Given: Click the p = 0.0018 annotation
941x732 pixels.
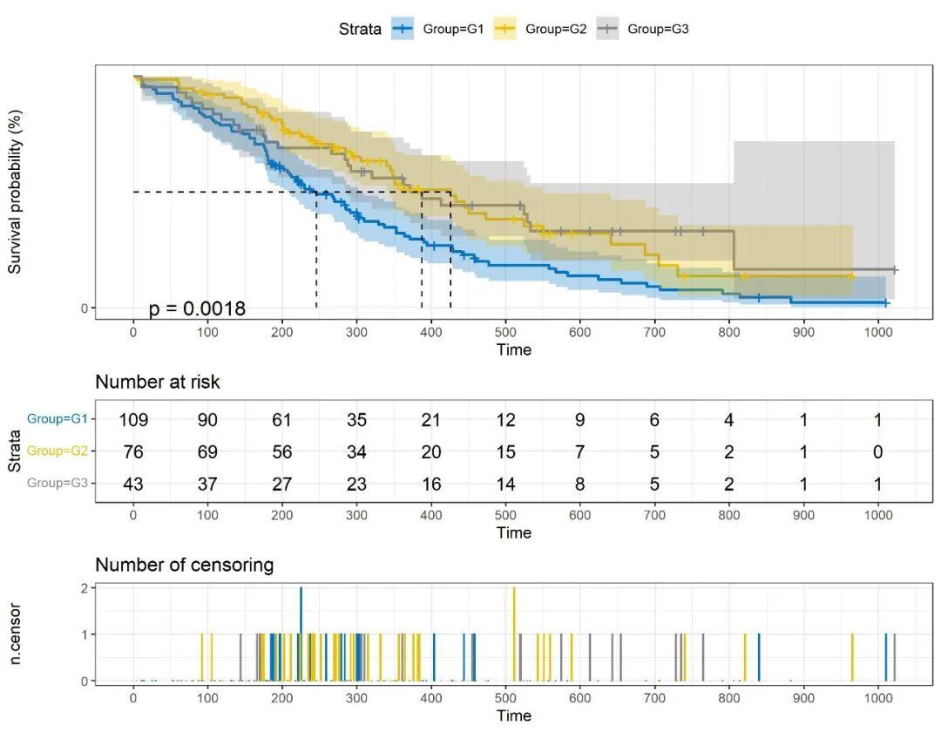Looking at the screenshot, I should pos(197,308).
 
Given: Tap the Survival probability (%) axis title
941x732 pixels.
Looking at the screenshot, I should pos(15,193).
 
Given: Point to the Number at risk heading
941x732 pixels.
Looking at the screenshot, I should pos(158,381).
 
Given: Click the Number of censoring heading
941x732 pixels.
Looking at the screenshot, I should pos(185,565).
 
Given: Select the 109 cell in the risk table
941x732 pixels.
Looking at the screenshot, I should pos(133,420).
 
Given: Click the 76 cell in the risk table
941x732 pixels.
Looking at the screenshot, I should pos(133,451).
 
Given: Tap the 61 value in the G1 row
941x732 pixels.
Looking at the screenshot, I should pos(282,420).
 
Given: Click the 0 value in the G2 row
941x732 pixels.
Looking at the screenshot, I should pos(878,451).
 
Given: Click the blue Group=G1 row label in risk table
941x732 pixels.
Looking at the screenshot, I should pos(58,419).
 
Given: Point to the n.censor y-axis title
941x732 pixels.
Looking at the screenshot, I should pos(15,634).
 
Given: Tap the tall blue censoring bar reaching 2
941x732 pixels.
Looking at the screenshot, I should pos(301,634).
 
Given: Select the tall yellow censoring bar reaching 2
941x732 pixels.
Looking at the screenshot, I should pos(514,634).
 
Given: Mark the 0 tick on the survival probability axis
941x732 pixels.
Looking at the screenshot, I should pos(85,308).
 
